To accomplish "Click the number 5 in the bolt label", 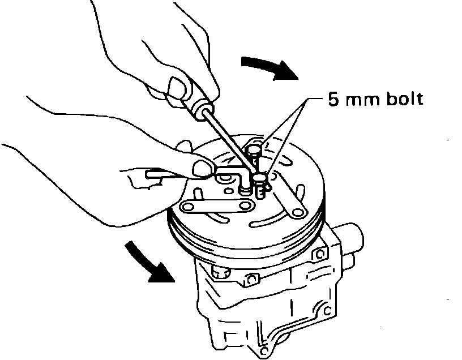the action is (x=332, y=100).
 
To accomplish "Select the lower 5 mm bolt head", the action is (x=260, y=178).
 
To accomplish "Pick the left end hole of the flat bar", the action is (x=190, y=207).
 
